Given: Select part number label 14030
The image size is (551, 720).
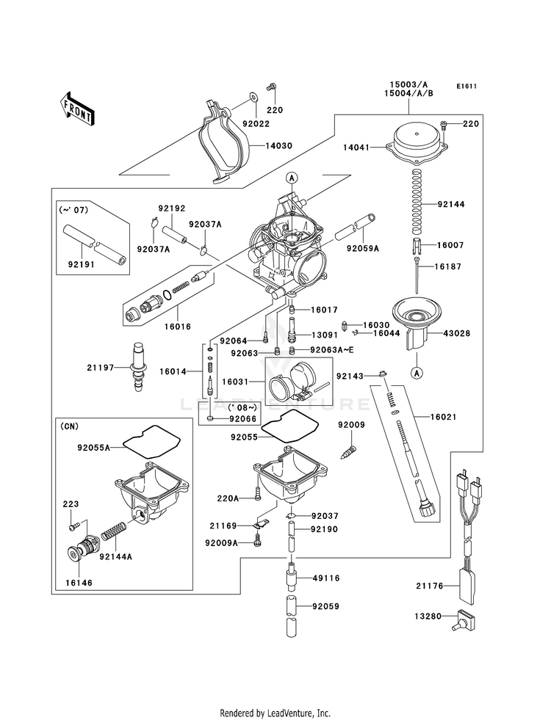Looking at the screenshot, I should pyautogui.click(x=277, y=146).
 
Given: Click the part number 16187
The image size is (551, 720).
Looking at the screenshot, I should pyautogui.click(x=449, y=267).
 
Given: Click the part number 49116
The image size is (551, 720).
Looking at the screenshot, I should pyautogui.click(x=325, y=578).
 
